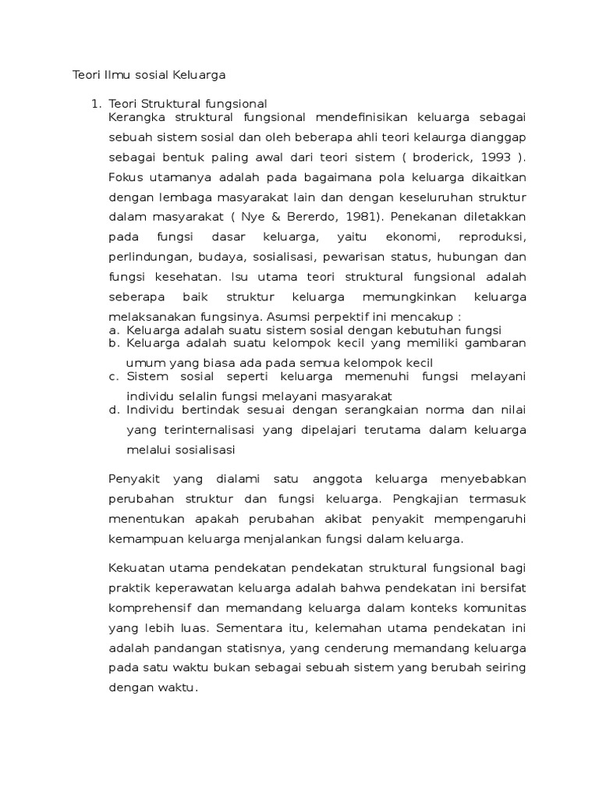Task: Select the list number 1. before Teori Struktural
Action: pos(97,104)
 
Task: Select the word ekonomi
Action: pos(397,236)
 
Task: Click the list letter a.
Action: pos(113,330)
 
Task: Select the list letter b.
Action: pos(113,343)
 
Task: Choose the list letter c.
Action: pos(113,376)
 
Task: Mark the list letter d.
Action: pos(113,410)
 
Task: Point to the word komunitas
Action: pos(495,608)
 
